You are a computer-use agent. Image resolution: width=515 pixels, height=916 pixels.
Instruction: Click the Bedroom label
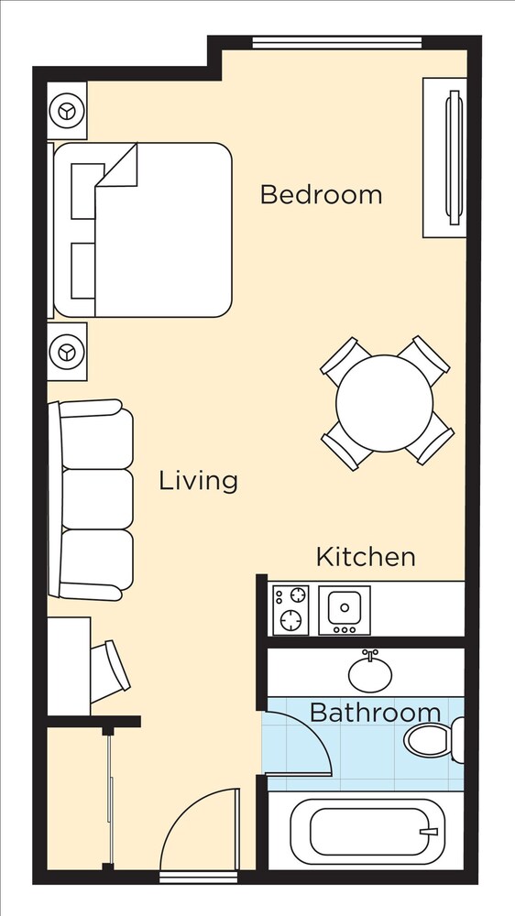[x=321, y=194]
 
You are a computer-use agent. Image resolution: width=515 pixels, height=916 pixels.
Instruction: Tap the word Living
[x=199, y=481]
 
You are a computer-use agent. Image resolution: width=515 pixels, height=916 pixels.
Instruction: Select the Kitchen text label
[x=366, y=557]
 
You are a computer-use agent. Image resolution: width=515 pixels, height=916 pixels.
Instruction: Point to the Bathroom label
[x=375, y=713]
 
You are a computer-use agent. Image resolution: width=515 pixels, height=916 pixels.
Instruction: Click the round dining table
[x=385, y=403]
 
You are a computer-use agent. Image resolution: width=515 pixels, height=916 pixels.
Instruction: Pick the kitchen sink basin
[x=345, y=607]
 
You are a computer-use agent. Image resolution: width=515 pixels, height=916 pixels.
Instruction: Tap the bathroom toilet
[x=433, y=740]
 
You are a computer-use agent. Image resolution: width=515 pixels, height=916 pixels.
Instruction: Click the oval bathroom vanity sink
[x=370, y=673]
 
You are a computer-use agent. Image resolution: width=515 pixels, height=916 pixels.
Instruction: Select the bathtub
[x=367, y=832]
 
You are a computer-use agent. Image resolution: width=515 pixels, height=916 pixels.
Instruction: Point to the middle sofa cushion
[x=97, y=499]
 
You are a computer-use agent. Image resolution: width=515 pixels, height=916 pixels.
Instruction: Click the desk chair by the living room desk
[x=110, y=671]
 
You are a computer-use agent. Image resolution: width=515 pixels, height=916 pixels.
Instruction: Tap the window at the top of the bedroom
[x=337, y=43]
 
